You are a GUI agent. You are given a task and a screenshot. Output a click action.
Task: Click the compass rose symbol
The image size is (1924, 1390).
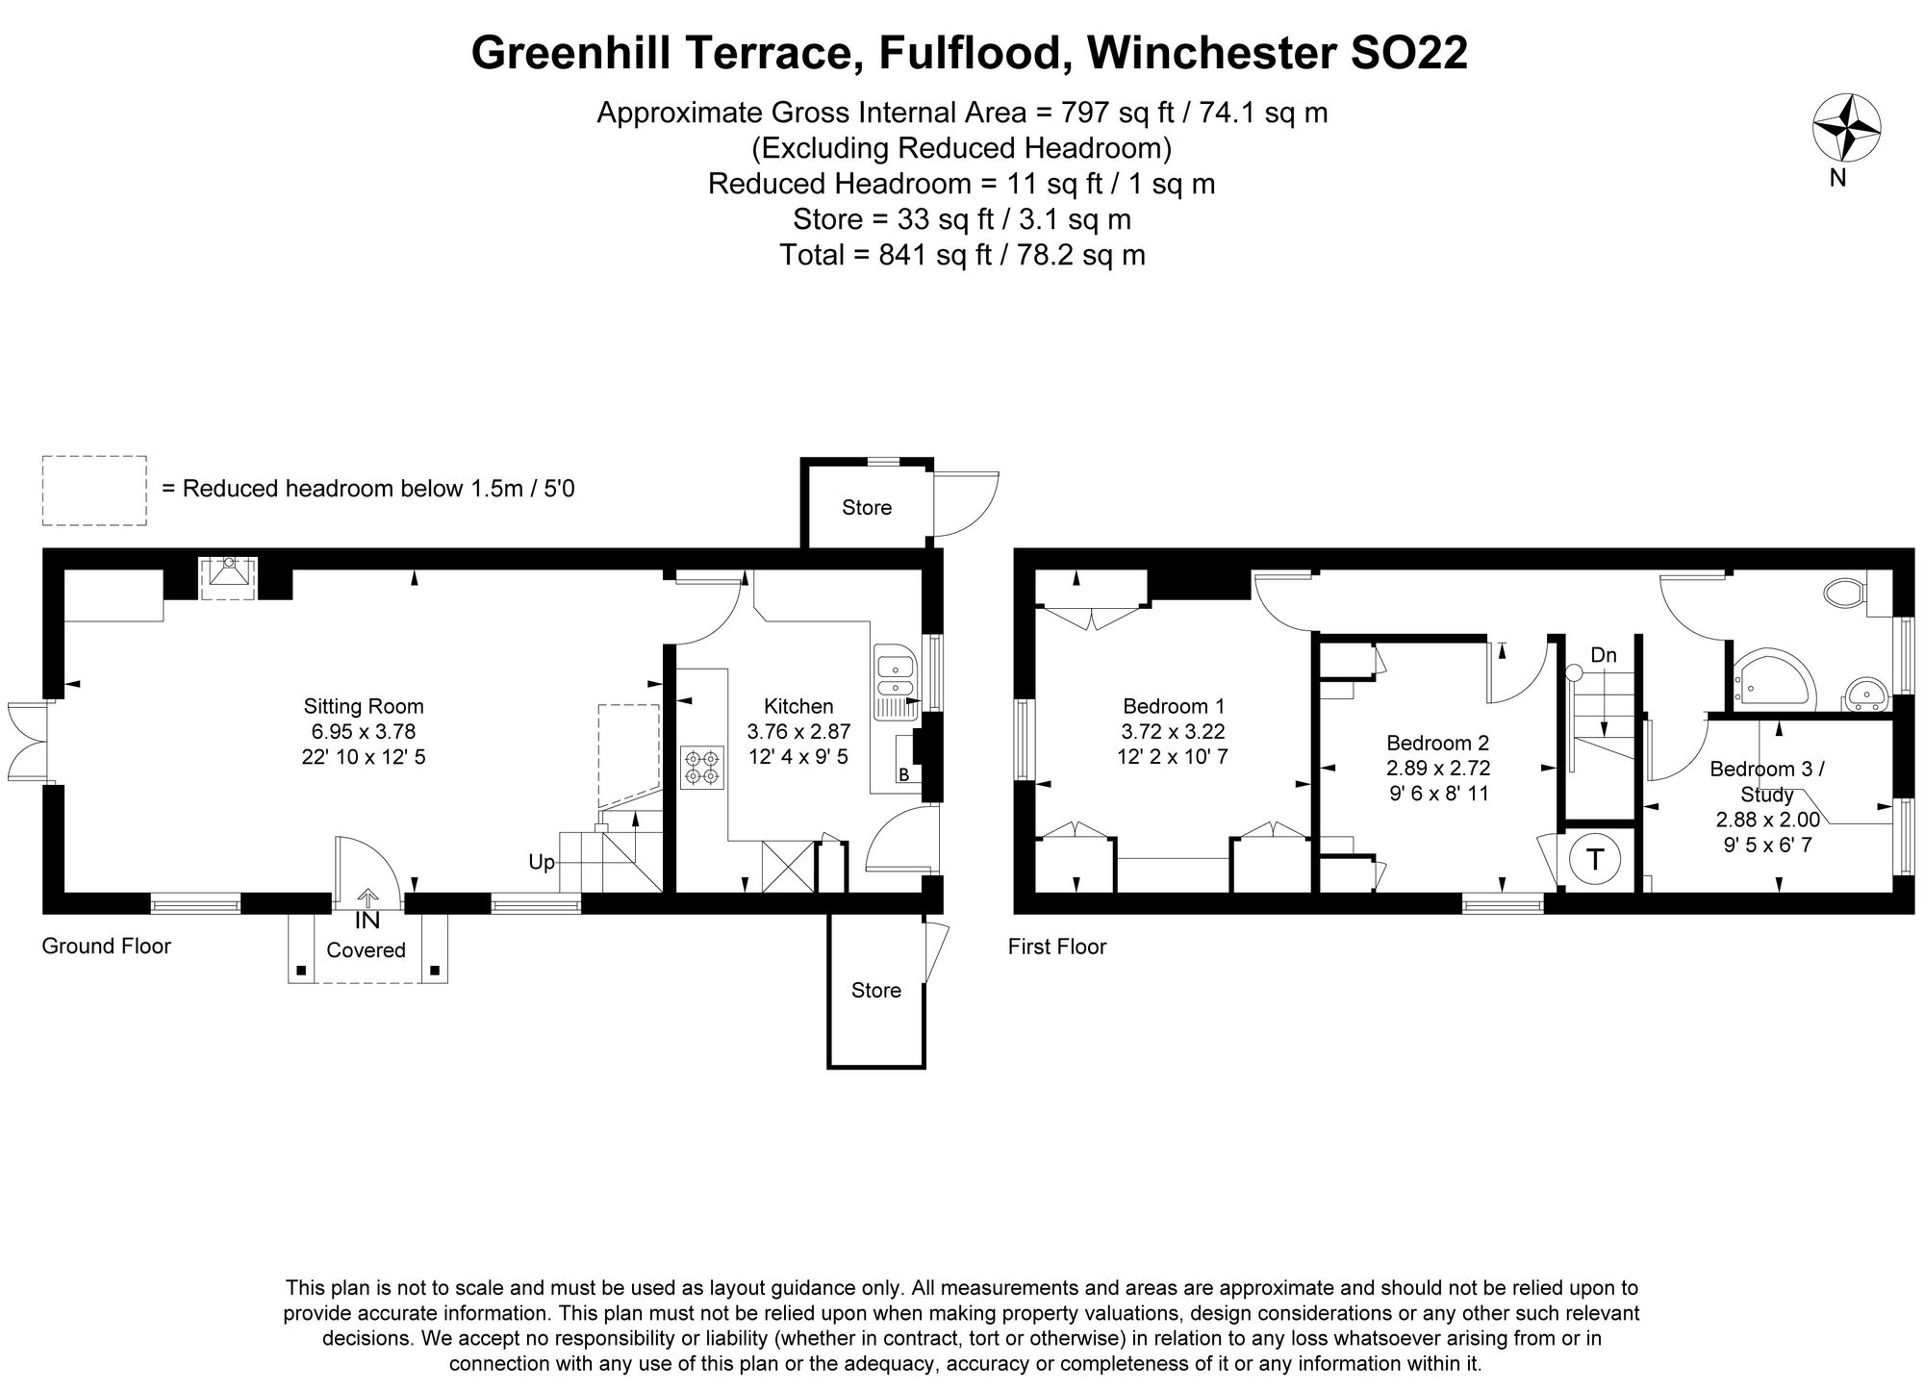[1846, 128]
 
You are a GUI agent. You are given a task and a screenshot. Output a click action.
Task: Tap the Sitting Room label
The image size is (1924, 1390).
[364, 706]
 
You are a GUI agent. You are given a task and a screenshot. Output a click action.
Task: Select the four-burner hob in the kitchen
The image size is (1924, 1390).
[701, 767]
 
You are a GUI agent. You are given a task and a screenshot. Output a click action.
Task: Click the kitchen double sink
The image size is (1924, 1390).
[896, 676]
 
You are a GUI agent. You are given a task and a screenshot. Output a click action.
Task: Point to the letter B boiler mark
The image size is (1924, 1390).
[903, 774]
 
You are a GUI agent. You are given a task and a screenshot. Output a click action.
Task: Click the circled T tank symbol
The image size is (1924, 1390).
[1596, 859]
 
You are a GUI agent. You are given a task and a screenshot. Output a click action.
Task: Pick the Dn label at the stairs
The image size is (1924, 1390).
[1604, 655]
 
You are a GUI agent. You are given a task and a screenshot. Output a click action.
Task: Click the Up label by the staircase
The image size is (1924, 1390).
[542, 862]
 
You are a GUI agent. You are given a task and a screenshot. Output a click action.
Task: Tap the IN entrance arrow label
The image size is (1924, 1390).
[367, 921]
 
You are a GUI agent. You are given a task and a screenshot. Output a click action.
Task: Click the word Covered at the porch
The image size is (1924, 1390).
[366, 950]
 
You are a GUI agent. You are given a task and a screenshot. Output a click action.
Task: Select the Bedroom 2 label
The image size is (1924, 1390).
[1437, 743]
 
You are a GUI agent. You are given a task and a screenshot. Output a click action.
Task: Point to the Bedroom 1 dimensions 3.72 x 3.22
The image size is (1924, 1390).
[1172, 731]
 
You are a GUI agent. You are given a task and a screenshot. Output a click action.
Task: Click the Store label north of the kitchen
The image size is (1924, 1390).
[867, 508]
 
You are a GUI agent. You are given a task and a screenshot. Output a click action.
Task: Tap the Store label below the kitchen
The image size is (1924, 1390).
[875, 990]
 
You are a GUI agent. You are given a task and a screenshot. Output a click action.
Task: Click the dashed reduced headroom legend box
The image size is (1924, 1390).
[94, 491]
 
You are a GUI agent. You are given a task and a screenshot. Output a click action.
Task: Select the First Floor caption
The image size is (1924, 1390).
[1056, 947]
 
